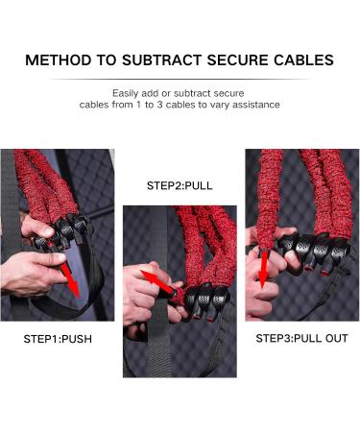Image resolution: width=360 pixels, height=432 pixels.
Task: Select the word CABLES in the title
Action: click(303, 60)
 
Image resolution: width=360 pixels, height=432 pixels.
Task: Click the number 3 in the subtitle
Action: click(159, 105)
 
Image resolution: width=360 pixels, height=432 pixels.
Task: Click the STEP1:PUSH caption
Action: click(58, 339)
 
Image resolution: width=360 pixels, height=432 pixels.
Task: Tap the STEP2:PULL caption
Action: click(180, 186)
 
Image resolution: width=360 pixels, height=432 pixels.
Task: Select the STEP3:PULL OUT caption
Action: click(301, 339)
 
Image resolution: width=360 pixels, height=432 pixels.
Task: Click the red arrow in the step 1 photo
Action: click(69, 279)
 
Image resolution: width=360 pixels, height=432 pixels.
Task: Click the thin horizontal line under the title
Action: click(180, 79)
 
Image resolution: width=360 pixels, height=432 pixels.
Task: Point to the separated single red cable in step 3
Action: click(270, 199)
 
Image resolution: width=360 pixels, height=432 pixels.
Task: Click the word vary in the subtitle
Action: click(221, 105)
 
